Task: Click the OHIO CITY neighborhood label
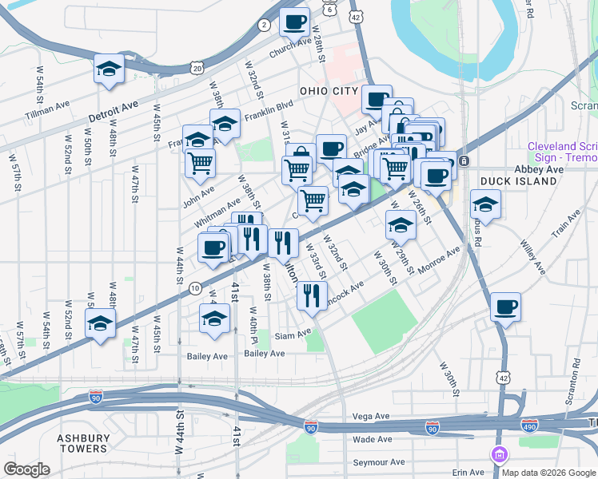pyautogui.click(x=328, y=91)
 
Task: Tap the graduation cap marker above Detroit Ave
pyautogui.click(x=108, y=69)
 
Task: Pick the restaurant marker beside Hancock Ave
pyautogui.click(x=312, y=295)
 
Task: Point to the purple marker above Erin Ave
pyautogui.click(x=501, y=455)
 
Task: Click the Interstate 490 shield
pyautogui.click(x=529, y=425)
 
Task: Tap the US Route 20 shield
pyautogui.click(x=197, y=69)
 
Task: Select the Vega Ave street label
pyautogui.click(x=370, y=416)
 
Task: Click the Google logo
pyautogui.click(x=26, y=469)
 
